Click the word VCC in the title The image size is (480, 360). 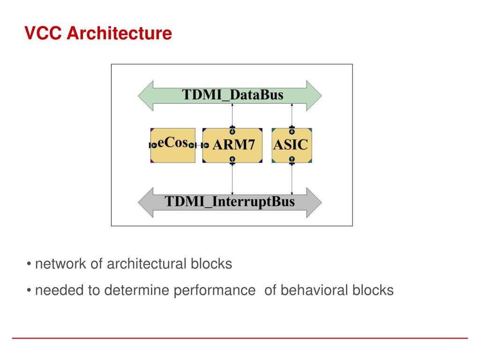pos(43,33)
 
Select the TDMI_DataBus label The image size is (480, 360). pos(232,95)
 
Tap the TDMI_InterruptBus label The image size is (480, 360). pos(230,202)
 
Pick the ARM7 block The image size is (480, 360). pos(233,145)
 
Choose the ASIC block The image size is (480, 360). pos(291,145)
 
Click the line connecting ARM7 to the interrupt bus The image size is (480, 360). pos(232,178)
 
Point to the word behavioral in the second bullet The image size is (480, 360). pos(315,291)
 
